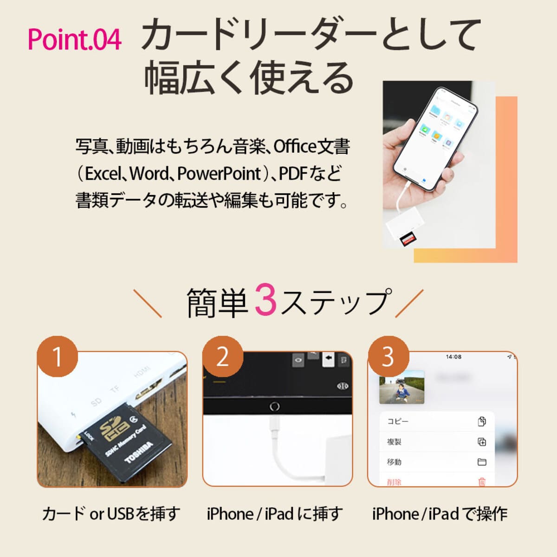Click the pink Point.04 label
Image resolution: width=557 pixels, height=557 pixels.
(74, 39)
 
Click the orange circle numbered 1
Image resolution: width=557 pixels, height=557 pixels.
(58, 356)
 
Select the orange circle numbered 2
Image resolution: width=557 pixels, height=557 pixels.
(223, 356)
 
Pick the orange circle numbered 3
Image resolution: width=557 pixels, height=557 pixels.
(388, 356)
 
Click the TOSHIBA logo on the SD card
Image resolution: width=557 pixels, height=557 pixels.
(139, 452)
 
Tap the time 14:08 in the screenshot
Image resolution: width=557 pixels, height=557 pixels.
(453, 357)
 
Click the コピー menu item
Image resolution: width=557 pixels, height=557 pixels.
(398, 421)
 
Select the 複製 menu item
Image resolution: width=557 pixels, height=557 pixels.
(394, 441)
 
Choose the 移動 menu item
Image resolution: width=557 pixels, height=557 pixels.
(394, 462)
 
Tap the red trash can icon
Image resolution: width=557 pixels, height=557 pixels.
(482, 481)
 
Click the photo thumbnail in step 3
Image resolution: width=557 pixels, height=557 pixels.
(402, 387)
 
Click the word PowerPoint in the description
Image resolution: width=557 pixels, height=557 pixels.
(219, 174)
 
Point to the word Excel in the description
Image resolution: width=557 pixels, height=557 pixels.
(103, 174)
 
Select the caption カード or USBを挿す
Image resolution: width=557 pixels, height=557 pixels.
(111, 514)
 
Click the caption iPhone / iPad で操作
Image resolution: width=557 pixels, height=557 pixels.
(440, 514)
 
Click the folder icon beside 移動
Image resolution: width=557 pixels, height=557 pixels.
(482, 462)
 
